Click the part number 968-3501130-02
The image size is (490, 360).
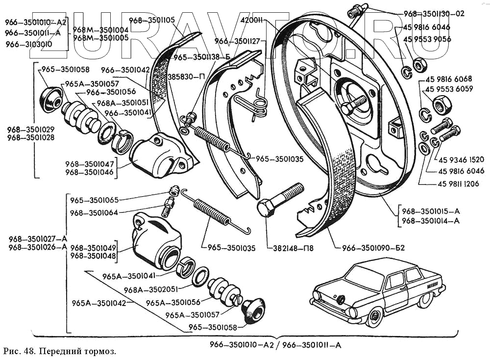coord(434,14)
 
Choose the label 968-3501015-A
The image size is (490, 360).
coord(431,211)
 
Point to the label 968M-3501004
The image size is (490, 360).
coord(100,29)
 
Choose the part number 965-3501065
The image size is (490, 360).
coord(94,200)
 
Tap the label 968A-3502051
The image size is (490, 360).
coord(149,289)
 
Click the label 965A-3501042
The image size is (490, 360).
coord(98,303)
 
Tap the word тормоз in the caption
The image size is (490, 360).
coord(99,352)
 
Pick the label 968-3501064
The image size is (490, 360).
coord(94,212)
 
